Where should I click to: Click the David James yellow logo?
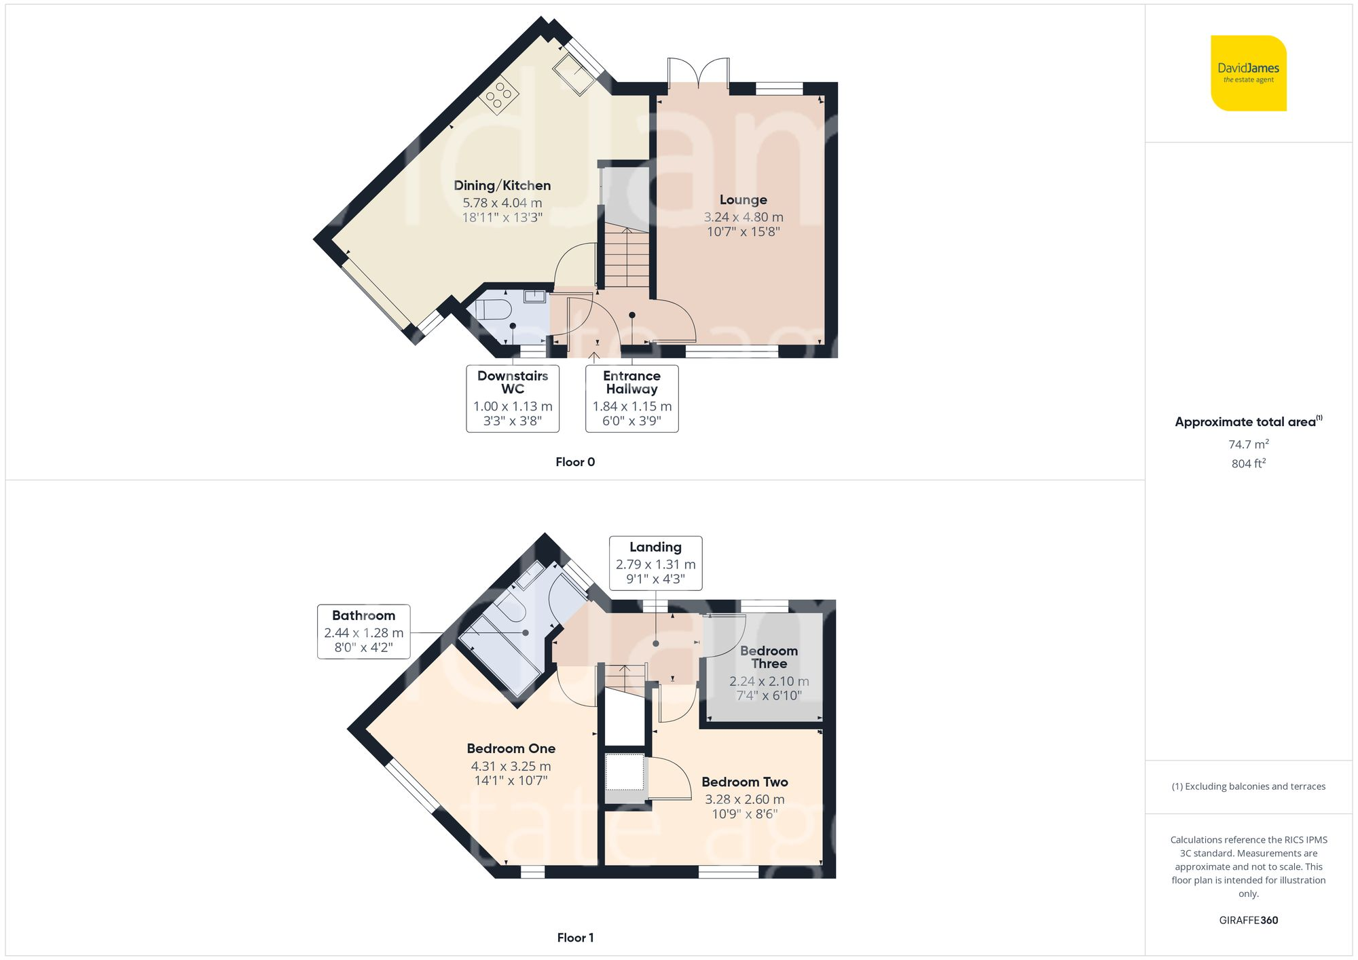pos(1248,73)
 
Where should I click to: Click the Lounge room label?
pos(743,199)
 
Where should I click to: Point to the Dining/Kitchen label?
pos(502,185)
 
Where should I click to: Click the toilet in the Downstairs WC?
pos(493,310)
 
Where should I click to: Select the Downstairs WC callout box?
pos(513,398)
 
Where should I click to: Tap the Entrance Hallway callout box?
pos(631,398)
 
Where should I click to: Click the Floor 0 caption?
pos(574,462)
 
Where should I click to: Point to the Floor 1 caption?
pos(574,938)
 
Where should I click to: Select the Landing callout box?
pos(655,563)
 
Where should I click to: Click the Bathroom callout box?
pos(363,632)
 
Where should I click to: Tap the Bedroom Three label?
pos(769,657)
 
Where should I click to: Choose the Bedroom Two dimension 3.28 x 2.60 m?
pos(744,799)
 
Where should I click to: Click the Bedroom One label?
pos(511,748)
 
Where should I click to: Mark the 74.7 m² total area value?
pos(1248,444)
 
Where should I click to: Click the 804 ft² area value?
pos(1248,463)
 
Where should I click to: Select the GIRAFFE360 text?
pos(1248,920)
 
